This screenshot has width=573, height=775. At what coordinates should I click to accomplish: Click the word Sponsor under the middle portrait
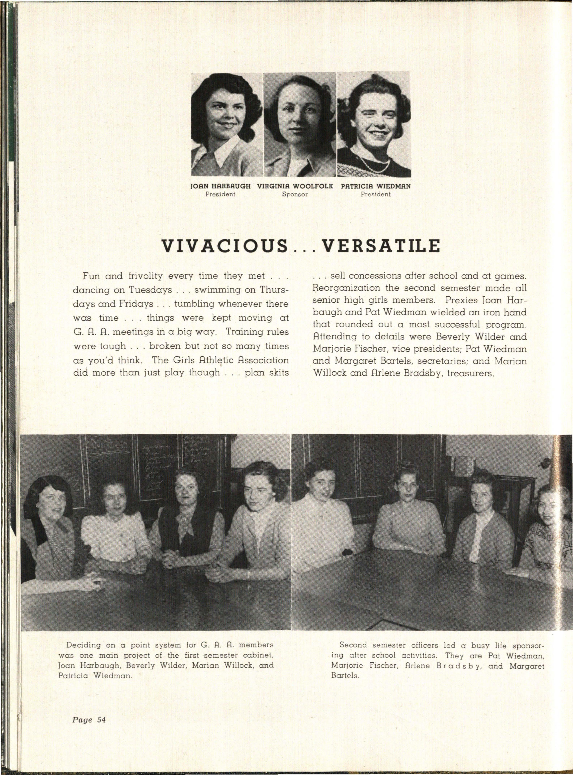295,194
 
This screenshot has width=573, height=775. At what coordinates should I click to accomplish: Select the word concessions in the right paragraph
370,276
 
